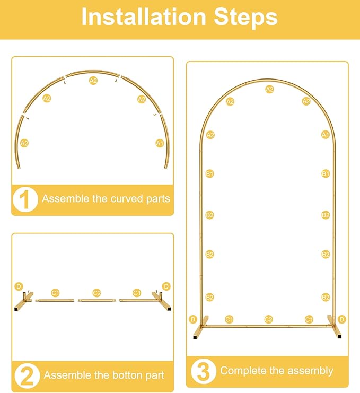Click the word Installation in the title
pos(144,17)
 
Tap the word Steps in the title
pos(246,17)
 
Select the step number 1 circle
pos(25,199)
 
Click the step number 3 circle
pos(203,371)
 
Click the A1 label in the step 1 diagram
pos(160,143)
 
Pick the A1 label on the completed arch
pos(326,135)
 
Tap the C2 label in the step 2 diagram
pos(96,293)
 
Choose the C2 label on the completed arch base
pos(268,319)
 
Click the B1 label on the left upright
pos(209,173)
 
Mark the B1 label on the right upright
pos(326,173)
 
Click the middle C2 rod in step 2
pos(97,300)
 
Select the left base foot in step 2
pos(23,302)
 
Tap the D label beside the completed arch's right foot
pos(342,319)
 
